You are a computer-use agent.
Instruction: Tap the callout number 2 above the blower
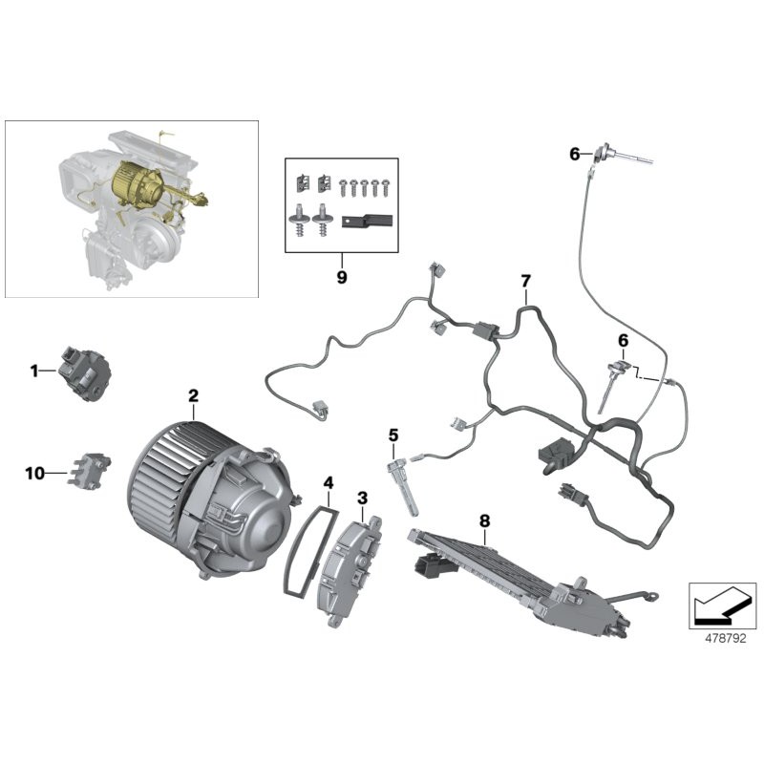193,395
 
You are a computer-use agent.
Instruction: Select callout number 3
362,498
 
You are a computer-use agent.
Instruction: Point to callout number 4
328,483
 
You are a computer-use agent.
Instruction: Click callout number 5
393,435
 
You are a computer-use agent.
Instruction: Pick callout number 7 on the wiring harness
524,281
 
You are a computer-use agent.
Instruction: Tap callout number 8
484,520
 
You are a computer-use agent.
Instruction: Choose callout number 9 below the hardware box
342,278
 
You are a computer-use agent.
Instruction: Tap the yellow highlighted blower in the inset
136,184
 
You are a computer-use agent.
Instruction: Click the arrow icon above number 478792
722,602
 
